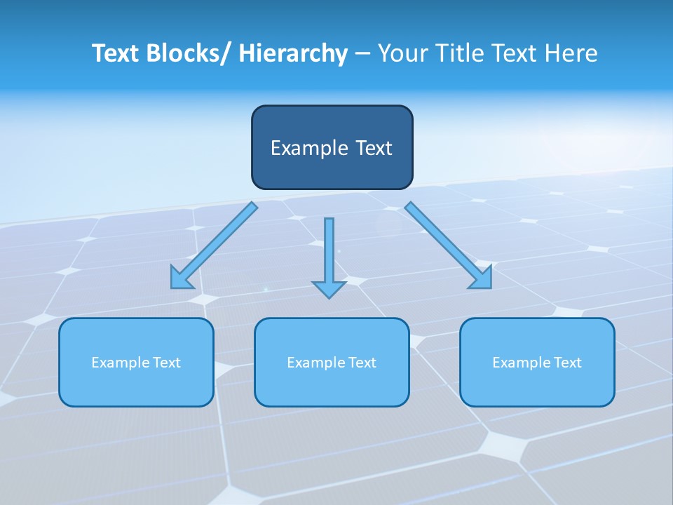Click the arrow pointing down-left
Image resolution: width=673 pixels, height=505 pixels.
click(x=214, y=245)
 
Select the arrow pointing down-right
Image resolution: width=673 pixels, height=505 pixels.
click(x=449, y=245)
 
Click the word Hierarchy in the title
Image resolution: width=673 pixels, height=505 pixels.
click(x=293, y=53)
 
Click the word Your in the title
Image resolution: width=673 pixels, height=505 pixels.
click(x=402, y=53)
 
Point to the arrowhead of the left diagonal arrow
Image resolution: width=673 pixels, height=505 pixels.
click(x=181, y=279)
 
